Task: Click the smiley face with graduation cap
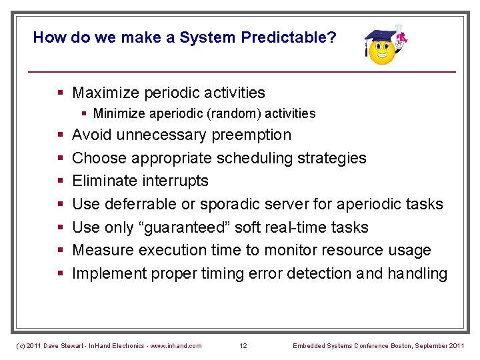(383, 48)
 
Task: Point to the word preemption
(251, 135)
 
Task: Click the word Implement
(109, 273)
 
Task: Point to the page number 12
(243, 345)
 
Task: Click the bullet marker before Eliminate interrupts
(61, 181)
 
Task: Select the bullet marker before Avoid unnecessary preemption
(61, 135)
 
